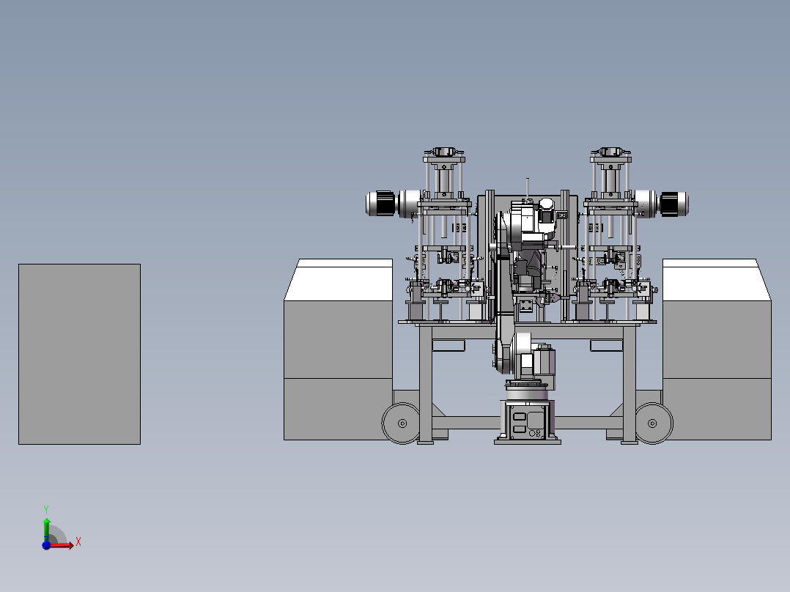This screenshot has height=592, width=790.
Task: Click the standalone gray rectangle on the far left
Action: (x=80, y=354)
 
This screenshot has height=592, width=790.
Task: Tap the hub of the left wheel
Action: (x=402, y=423)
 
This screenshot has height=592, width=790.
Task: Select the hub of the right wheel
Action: (x=652, y=423)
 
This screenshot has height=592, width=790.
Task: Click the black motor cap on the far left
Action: (x=385, y=204)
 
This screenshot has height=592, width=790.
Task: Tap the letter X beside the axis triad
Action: (x=78, y=542)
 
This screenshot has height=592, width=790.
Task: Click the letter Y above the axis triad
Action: (x=46, y=510)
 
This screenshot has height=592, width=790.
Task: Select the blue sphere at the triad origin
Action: (x=46, y=545)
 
